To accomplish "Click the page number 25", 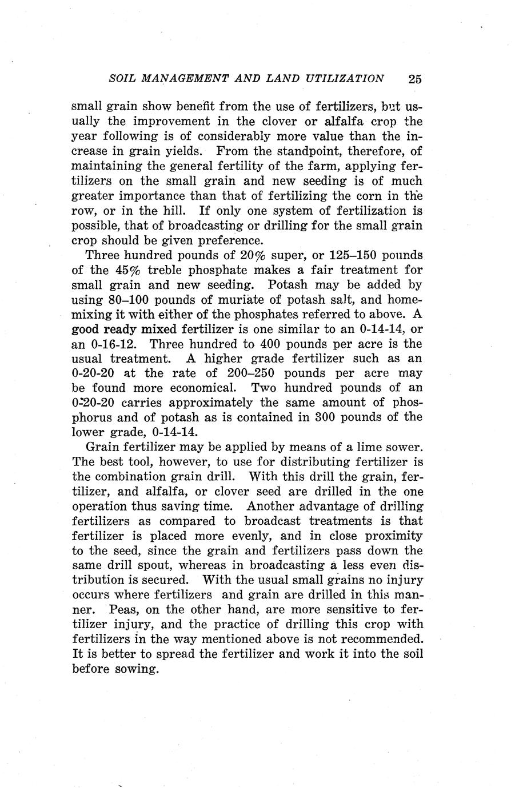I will tap(415, 79).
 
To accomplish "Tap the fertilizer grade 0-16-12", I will tap(111, 344).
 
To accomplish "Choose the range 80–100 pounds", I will tap(127, 299).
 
